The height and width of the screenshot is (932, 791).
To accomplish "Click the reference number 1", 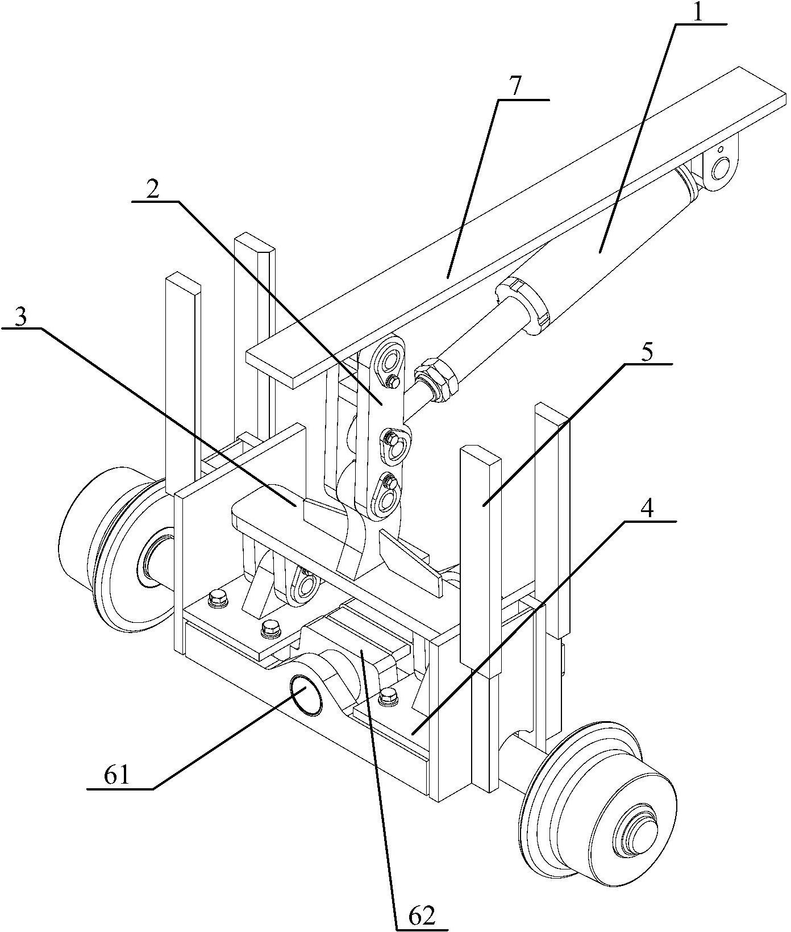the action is click(698, 12).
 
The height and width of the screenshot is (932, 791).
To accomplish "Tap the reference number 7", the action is click(514, 86).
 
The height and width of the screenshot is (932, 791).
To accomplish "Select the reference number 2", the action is click(152, 190).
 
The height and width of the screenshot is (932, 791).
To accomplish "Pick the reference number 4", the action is click(648, 507).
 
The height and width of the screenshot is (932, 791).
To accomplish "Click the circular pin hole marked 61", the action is click(306, 694).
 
